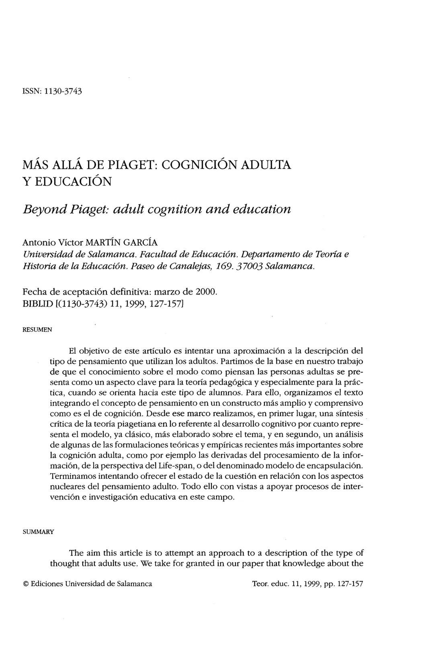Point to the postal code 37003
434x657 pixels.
249,266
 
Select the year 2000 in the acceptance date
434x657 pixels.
209,289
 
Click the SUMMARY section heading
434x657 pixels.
38,532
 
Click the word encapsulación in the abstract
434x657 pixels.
339,466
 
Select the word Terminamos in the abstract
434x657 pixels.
73,477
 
